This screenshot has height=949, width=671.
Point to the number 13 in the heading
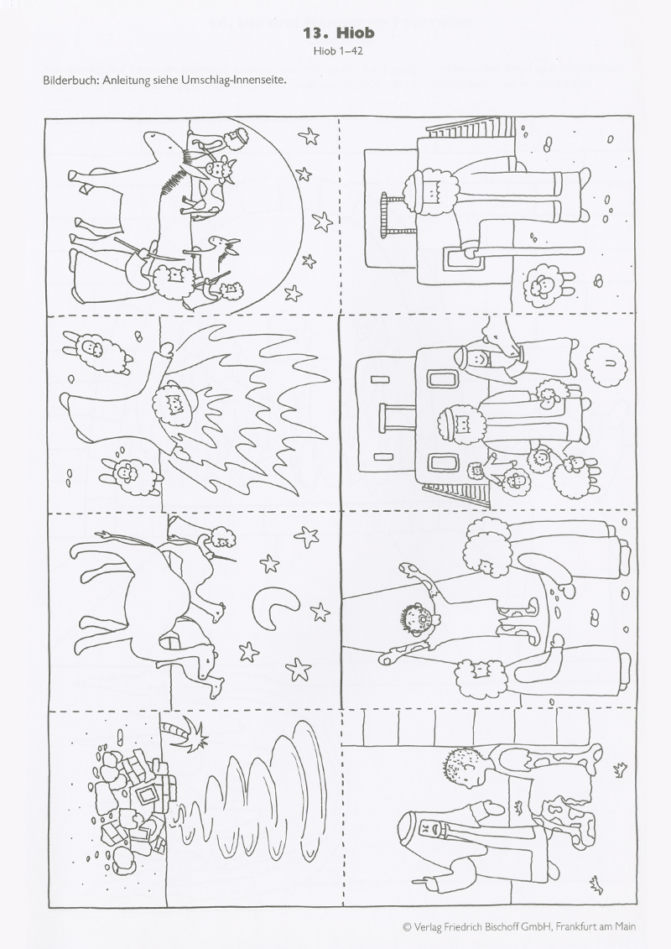(314, 33)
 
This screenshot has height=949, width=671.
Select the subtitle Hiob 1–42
(338, 51)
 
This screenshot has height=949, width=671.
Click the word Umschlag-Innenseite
(233, 81)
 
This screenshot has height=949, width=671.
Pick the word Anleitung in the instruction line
(125, 81)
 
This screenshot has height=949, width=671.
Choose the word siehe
(164, 80)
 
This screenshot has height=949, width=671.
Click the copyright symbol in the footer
(407, 926)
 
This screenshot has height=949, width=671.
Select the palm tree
(185, 733)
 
